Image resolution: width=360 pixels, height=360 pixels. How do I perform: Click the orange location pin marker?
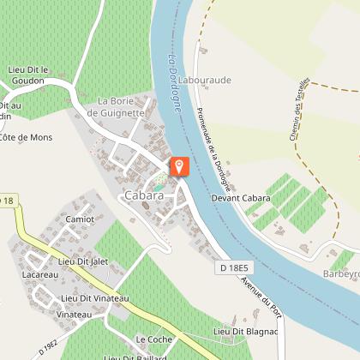tap(180, 165)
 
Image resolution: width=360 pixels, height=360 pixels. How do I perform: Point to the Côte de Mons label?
tap(25, 136)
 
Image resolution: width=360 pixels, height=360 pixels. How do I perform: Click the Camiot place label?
tap(80, 219)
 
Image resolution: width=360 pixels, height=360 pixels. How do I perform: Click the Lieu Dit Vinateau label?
tap(93, 298)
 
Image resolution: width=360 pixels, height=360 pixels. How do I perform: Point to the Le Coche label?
tap(153, 339)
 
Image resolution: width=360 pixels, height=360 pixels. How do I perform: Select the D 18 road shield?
tap(8, 201)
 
